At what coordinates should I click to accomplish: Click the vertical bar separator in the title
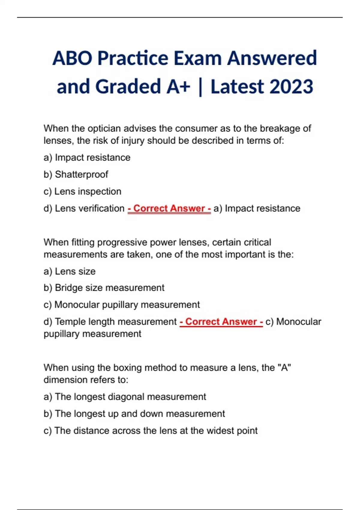pos(200,87)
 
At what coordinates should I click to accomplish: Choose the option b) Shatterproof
pos(76,174)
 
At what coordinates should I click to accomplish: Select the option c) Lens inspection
pos(82,191)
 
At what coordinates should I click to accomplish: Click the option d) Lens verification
pos(84,208)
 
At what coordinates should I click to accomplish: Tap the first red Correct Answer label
pos(169,208)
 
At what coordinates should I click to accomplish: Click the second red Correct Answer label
pos(221,322)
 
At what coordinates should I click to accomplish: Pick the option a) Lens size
pos(70,271)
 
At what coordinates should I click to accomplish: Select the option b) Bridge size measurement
pos(104,288)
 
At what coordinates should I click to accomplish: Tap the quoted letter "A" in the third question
pos(284,367)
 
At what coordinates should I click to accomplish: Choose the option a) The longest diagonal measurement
pos(125,397)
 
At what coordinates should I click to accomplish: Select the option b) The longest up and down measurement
pos(134,414)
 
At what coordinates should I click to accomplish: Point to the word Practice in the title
pos(133,58)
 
